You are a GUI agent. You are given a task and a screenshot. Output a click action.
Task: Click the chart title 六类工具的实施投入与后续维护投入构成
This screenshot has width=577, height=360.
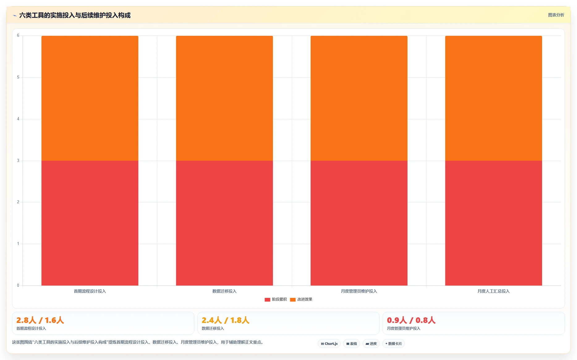[75, 15]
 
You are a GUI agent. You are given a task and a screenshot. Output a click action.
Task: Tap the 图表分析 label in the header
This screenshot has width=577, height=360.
[556, 15]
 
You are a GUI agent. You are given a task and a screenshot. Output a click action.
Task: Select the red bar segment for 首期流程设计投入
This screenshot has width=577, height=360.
[90, 223]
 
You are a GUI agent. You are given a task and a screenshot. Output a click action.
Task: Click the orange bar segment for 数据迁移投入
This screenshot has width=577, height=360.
[224, 98]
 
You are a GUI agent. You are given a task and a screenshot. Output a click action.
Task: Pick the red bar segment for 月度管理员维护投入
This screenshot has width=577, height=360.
[359, 223]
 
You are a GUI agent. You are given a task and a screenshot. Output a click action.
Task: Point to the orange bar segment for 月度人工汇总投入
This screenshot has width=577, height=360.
[494, 98]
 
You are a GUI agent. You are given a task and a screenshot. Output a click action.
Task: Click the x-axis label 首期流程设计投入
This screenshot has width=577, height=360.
[90, 291]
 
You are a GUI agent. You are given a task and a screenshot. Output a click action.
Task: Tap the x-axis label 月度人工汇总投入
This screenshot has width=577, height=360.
[494, 291]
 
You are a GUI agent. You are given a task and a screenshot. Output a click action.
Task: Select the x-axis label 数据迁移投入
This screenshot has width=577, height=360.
[224, 291]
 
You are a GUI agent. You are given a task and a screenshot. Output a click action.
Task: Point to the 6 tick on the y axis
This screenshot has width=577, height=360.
[18, 36]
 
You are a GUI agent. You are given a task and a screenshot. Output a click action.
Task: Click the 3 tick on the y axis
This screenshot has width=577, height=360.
[18, 161]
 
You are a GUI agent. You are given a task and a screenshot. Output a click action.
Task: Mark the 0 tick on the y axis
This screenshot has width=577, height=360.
[18, 286]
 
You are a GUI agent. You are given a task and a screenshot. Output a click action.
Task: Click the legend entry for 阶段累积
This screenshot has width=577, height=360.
[276, 299]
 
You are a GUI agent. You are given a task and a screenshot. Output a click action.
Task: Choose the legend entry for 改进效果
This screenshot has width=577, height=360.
[301, 299]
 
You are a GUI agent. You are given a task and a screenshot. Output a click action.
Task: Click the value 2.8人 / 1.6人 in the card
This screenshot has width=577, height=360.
[40, 320]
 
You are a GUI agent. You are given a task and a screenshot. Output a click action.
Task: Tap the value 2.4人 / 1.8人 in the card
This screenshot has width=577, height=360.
[226, 320]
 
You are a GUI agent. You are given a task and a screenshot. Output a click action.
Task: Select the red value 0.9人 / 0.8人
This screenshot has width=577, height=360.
[411, 320]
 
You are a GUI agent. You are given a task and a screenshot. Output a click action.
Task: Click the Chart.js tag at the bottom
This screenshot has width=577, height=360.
[329, 344]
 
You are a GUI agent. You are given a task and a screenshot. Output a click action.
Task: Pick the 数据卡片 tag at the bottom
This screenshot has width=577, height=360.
[393, 344]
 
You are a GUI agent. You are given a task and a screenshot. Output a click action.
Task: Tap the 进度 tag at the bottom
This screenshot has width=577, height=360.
[371, 344]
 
